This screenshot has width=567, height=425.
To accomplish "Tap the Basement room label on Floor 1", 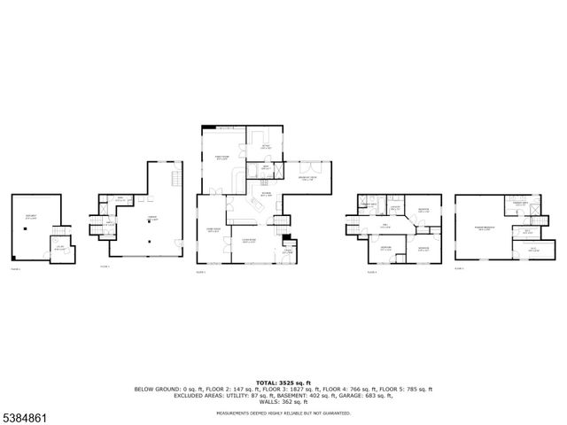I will (31, 216).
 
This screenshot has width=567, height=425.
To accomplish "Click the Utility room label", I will (60, 249).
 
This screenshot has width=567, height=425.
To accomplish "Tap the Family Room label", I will (222, 158).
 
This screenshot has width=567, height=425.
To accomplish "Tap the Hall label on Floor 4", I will (385, 225).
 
